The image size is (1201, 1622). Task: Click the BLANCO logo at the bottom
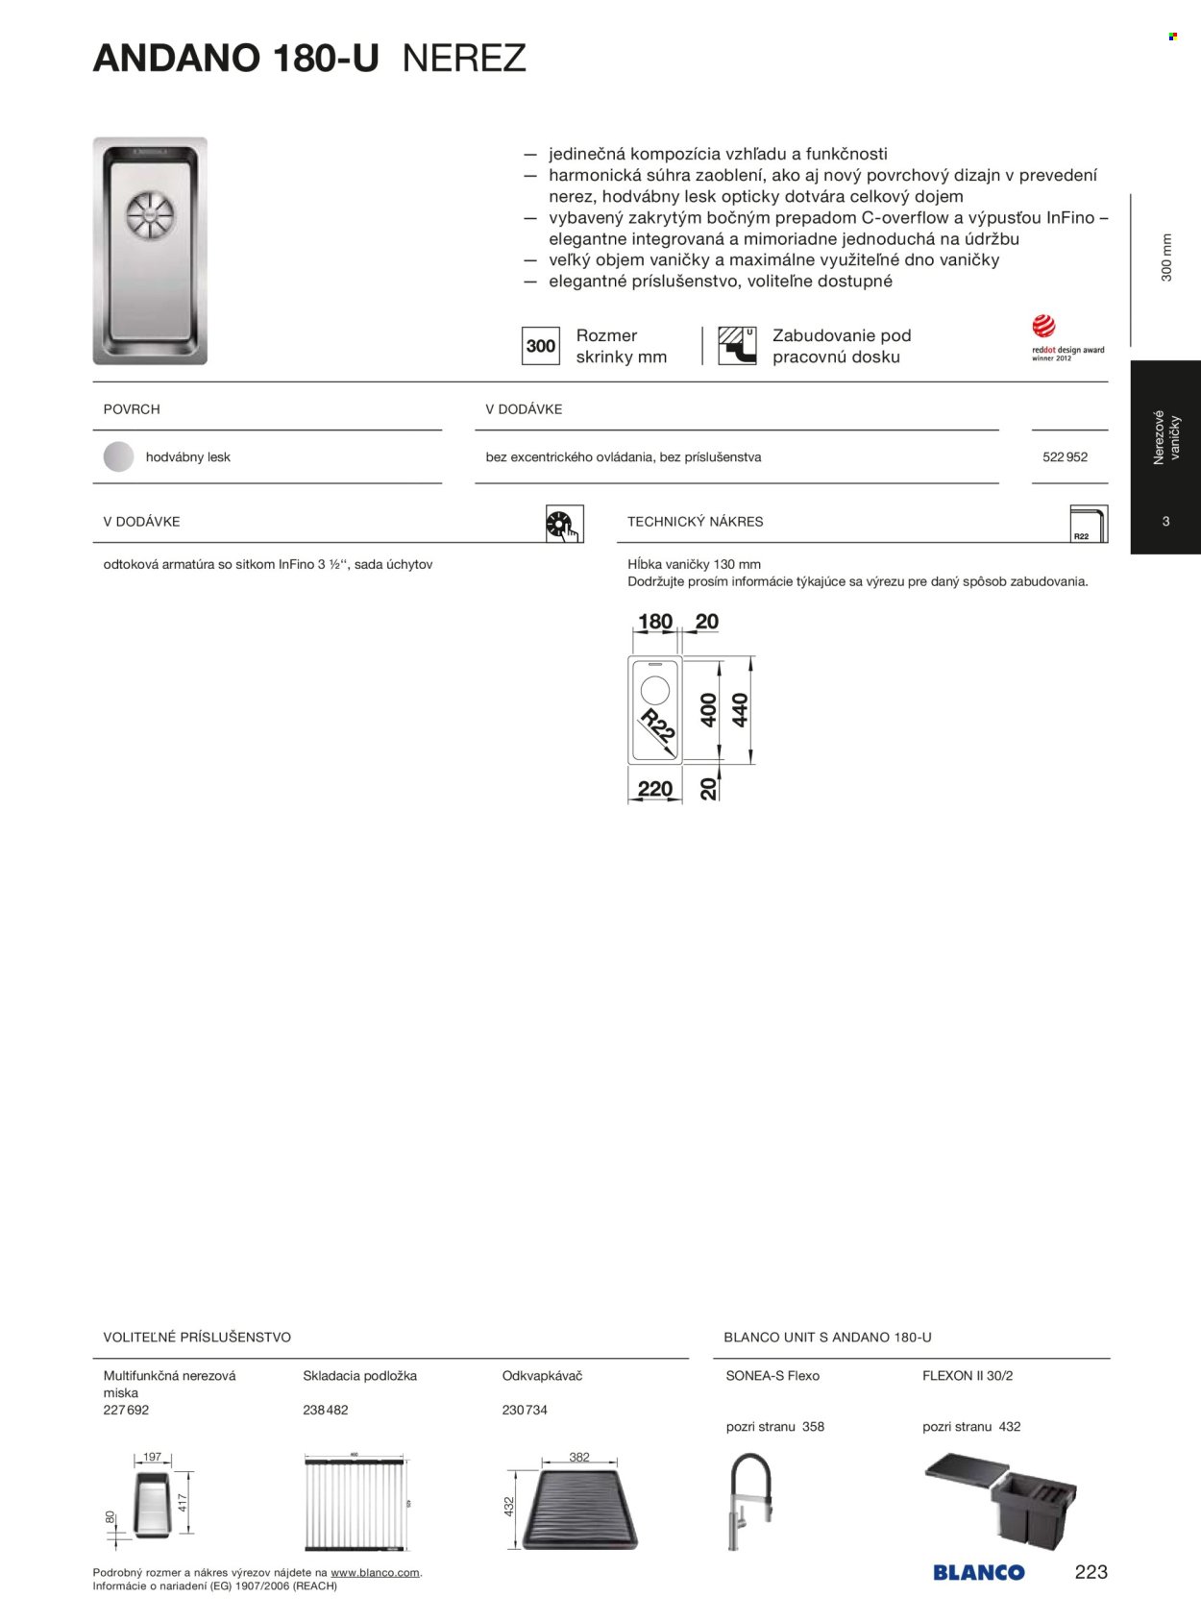[978, 1573]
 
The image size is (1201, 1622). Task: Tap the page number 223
[1091, 1572]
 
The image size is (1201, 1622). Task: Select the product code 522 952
[1065, 457]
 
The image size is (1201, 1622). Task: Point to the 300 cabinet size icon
[541, 346]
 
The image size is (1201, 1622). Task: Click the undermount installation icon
[737, 346]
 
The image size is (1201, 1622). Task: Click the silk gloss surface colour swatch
[118, 457]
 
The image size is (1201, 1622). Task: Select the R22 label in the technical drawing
[657, 725]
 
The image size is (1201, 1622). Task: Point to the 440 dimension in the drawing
[740, 710]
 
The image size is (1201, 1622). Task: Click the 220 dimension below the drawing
[655, 789]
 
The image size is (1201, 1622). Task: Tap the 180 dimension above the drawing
[655, 622]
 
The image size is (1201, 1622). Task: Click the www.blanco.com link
[375, 1572]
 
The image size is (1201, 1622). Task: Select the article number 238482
[326, 1410]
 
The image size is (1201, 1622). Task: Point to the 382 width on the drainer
[579, 1457]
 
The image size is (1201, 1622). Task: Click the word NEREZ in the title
[464, 59]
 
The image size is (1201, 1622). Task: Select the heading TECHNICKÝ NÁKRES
[696, 522]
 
